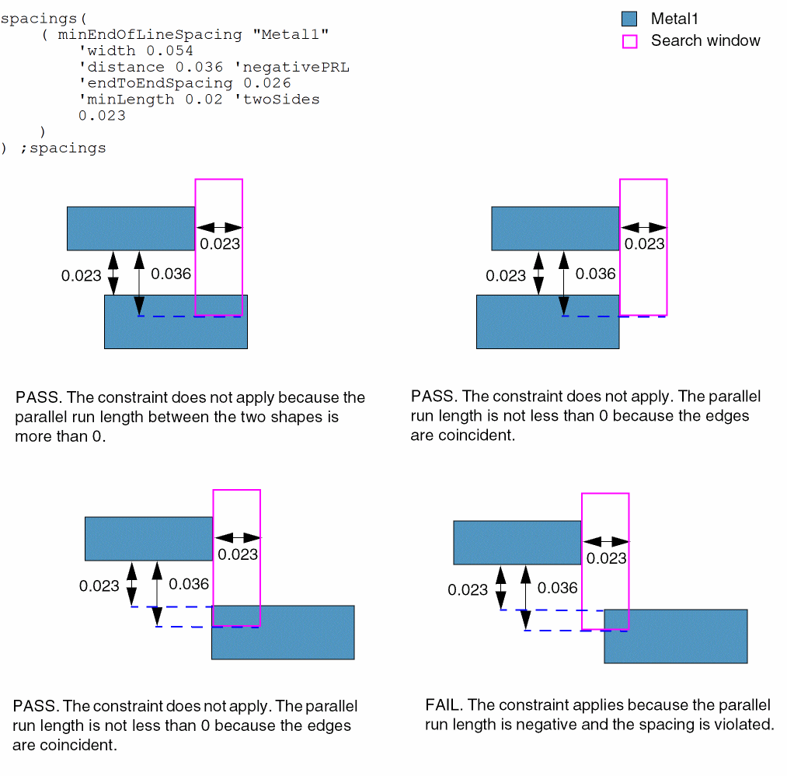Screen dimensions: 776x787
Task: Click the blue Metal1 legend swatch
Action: pos(629,19)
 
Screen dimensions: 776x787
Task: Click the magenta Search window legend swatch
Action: pos(629,41)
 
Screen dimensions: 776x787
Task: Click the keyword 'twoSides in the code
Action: pos(277,100)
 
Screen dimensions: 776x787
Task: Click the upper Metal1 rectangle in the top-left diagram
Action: pos(131,228)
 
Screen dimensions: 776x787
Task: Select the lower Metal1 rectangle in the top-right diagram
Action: pos(547,321)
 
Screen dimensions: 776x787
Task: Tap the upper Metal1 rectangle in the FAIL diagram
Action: pos(517,542)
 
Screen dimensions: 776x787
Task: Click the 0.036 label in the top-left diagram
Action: pos(171,274)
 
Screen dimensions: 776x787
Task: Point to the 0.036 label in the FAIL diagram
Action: pos(558,588)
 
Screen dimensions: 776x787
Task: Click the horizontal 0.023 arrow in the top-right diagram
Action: pos(644,227)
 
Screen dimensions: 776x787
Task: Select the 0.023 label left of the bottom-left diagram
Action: pos(99,586)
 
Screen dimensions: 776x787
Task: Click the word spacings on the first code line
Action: pos(35,18)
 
